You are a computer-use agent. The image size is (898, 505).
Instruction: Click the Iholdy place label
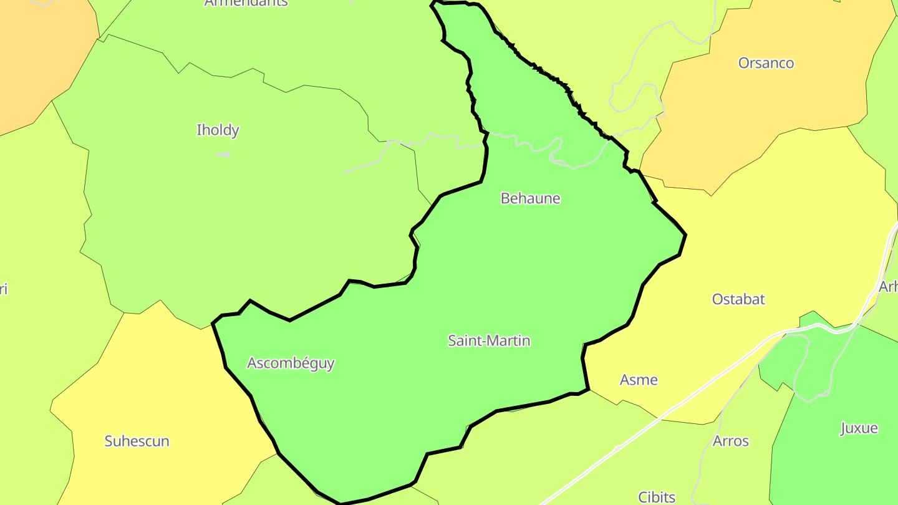[218, 130]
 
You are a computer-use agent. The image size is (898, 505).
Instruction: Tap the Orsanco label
[766, 63]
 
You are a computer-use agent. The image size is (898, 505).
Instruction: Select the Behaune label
[531, 198]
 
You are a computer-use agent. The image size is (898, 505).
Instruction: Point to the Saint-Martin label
[489, 340]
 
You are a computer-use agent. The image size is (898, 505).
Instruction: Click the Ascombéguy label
[291, 363]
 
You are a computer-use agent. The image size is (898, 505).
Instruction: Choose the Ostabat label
[738, 299]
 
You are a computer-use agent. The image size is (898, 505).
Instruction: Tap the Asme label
[639, 380]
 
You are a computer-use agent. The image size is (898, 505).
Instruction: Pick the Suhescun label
[137, 441]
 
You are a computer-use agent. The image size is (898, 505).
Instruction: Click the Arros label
[730, 441]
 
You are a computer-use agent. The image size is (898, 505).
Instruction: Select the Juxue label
[859, 428]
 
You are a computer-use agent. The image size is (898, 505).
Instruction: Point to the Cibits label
[657, 497]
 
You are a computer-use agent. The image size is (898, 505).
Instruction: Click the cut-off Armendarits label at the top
[246, 3]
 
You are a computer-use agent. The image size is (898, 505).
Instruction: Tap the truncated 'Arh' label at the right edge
[888, 287]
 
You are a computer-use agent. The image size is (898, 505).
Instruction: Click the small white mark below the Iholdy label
[223, 154]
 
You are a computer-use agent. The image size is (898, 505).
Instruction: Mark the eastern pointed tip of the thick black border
[685, 235]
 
